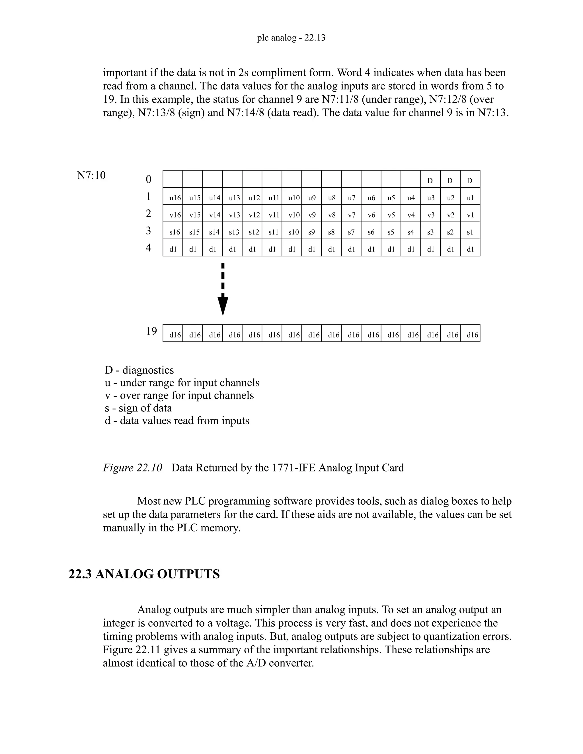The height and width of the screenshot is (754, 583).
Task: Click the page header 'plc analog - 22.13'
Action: tap(291, 38)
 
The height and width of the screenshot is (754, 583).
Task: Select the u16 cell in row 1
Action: tap(175, 198)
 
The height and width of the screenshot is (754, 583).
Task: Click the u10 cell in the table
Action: tap(294, 198)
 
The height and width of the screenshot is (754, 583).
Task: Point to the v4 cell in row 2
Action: tap(411, 215)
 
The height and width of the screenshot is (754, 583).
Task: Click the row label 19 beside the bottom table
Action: tap(151, 331)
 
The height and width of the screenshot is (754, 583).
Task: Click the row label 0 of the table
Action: tap(149, 179)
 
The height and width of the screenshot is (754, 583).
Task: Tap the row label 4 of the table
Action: tap(149, 248)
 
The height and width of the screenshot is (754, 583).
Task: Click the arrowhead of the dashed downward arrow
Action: tap(223, 306)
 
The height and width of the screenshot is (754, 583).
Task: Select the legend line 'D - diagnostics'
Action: tap(139, 370)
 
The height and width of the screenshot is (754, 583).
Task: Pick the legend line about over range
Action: tap(179, 395)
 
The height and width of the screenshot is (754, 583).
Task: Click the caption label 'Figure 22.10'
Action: tap(132, 468)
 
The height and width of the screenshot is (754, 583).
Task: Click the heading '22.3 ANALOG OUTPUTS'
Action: tap(144, 574)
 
